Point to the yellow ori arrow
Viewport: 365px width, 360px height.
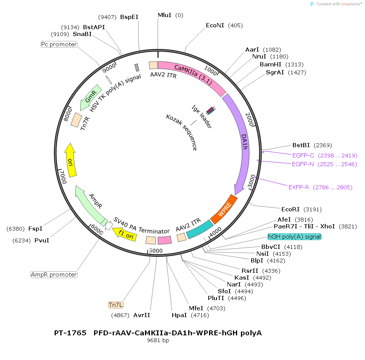pos(70,160)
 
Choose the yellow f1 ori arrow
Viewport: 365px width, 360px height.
pos(124,234)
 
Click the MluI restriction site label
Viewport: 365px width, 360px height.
pos(165,15)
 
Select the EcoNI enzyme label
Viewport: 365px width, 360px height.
pos(215,25)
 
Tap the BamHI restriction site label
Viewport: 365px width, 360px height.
pos(271,64)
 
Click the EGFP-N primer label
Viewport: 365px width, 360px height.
pos(303,164)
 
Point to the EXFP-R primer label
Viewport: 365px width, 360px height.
pos(299,187)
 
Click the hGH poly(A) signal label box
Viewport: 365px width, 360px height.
pos(294,237)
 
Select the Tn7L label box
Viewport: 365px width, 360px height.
pos(116,305)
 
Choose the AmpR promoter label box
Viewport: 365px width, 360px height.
pos(54,275)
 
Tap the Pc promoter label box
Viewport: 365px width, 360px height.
pos(59,44)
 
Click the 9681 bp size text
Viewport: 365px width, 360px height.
pos(158,340)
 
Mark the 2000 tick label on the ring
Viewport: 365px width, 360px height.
pos(249,119)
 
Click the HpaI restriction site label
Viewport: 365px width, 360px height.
pos(179,315)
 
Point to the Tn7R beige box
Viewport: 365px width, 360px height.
pos(76,120)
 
